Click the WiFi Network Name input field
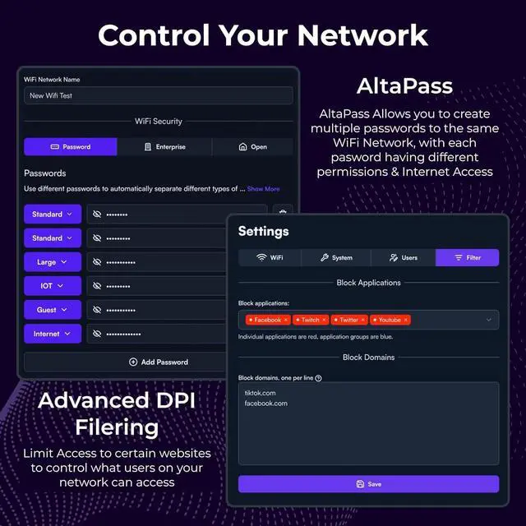[159, 95]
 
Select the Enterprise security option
[164, 147]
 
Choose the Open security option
[252, 147]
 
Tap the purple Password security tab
[71, 147]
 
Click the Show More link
[263, 189]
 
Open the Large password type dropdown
[53, 262]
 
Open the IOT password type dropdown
[53, 286]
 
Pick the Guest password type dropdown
[53, 310]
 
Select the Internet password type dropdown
[53, 334]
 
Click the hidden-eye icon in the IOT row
[97, 286]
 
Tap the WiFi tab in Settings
[270, 257]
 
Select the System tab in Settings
[336, 257]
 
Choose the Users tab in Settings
[404, 257]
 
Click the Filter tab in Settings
[468, 257]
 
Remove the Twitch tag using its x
[324, 320]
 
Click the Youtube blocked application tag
[390, 320]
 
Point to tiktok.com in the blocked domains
[260, 393]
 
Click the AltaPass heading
[404, 86]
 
